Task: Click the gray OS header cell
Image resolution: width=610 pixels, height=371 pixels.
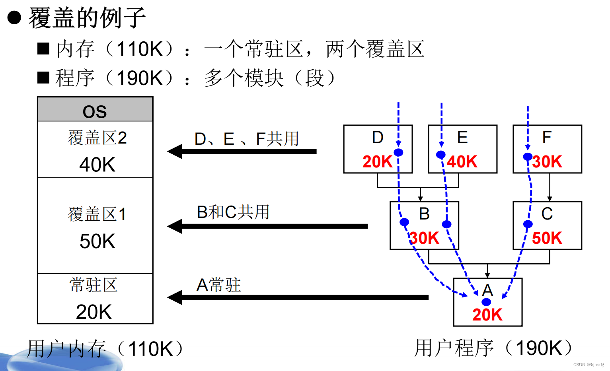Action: (95, 110)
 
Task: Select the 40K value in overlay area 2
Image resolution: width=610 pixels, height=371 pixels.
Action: (97, 165)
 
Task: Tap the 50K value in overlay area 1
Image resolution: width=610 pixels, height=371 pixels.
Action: (97, 241)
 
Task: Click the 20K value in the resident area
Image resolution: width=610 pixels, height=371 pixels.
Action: (94, 312)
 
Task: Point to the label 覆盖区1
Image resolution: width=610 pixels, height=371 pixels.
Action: (97, 214)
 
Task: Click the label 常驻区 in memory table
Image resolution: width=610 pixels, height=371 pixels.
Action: (94, 285)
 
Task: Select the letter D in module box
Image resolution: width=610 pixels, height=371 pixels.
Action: (377, 138)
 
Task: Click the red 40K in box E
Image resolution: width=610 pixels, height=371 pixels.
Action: (462, 162)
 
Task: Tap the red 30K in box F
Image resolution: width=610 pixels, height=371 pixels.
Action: (548, 162)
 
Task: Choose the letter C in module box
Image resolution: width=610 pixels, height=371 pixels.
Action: (547, 214)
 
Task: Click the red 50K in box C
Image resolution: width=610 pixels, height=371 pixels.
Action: (547, 238)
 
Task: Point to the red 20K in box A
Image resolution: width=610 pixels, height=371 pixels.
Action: (487, 315)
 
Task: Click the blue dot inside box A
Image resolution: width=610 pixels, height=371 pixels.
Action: (486, 302)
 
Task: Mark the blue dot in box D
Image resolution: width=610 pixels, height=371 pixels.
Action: (398, 152)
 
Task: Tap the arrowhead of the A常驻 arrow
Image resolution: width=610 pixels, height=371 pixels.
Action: (174, 297)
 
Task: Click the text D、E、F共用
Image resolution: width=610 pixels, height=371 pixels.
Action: (247, 139)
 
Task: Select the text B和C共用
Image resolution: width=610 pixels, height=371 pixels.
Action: (233, 212)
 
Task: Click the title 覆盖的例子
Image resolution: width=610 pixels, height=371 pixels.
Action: (87, 18)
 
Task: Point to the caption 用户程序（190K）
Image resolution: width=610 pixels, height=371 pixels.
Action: (493, 348)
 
